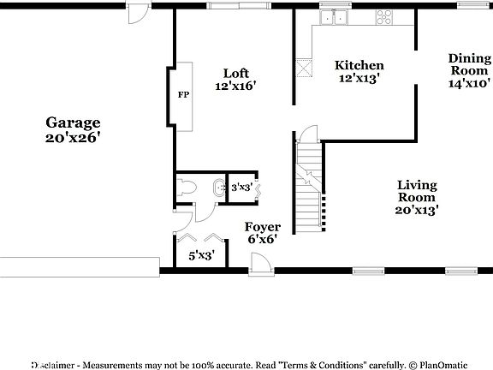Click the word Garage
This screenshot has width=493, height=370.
(x=73, y=122)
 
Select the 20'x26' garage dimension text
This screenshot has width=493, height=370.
(x=73, y=137)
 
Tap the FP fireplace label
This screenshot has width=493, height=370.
(x=183, y=95)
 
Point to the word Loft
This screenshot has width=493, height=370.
(x=236, y=73)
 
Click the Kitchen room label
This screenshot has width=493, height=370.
(x=359, y=65)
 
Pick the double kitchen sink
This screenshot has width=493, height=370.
(x=334, y=17)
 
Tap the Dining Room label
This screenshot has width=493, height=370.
(x=469, y=65)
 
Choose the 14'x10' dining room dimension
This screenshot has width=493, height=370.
(x=469, y=84)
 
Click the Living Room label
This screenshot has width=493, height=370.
(x=418, y=191)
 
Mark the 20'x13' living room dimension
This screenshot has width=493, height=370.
(x=418, y=209)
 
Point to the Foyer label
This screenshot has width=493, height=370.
(x=263, y=227)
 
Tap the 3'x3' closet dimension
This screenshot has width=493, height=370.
(x=241, y=187)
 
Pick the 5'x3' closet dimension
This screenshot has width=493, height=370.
(x=201, y=255)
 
